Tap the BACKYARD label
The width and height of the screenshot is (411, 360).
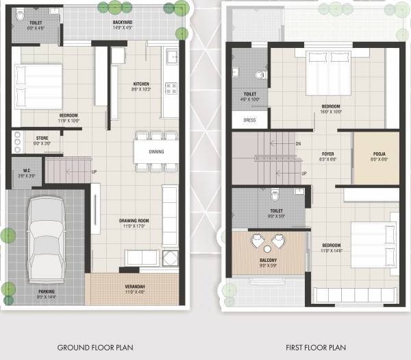pyautogui.click(x=123, y=22)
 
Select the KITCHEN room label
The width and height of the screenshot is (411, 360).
pyautogui.click(x=141, y=85)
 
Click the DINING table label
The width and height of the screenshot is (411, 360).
pyautogui.click(x=156, y=152)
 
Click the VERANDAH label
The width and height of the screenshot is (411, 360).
pyautogui.click(x=134, y=288)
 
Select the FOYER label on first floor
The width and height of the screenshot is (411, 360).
pyautogui.click(x=327, y=154)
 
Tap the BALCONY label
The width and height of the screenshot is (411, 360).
pyautogui.click(x=269, y=261)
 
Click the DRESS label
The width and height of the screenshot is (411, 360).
pyautogui.click(x=249, y=120)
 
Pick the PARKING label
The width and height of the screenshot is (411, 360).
pyautogui.click(x=47, y=291)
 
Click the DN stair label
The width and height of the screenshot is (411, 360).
pyautogui.click(x=298, y=144)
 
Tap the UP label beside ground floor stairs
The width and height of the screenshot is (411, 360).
pyautogui.click(x=94, y=171)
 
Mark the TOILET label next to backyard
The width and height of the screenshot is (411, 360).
pyautogui.click(x=36, y=23)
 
